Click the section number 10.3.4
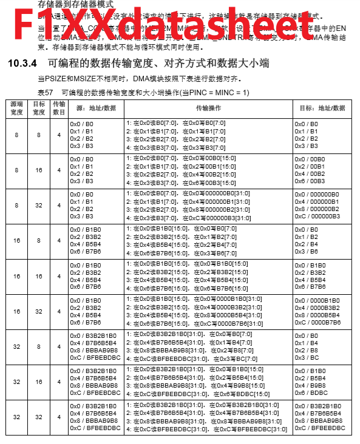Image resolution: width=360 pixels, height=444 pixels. click(22, 63)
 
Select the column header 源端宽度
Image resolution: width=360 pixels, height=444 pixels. click(16, 109)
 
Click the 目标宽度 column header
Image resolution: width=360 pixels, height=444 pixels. click(39, 109)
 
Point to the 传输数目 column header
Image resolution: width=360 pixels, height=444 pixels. click(59, 109)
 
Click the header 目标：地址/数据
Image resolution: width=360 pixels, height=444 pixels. click(322, 107)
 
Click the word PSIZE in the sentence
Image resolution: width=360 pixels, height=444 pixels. click(52, 79)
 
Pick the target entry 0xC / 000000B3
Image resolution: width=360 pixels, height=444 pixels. click(318, 217)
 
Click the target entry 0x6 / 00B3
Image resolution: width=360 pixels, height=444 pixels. click(310, 181)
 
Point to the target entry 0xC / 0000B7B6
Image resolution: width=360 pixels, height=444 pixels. click(318, 322)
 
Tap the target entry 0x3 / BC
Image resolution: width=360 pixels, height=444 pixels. click(307, 357)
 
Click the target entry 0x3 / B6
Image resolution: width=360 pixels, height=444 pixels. click(306, 252)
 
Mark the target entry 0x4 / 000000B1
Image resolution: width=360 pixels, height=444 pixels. click(317, 201)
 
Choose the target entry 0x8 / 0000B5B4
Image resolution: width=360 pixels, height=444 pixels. click(317, 315)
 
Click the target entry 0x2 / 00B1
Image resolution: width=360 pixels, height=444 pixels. click(310, 166)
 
